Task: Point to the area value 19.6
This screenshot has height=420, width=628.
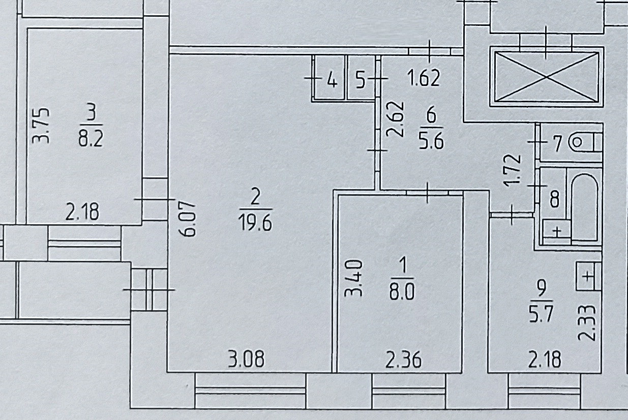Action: pos(256,222)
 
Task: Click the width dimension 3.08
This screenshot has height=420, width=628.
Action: pos(247,360)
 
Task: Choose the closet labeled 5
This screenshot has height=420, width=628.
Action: pos(361,80)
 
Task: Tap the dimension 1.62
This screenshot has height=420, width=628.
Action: pos(424,79)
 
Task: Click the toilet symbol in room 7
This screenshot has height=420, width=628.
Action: pos(579,143)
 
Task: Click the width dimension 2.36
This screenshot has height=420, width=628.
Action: pos(403,361)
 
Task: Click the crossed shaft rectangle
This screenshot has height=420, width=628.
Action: pos(547,77)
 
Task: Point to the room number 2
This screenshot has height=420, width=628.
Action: pos(255,197)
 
